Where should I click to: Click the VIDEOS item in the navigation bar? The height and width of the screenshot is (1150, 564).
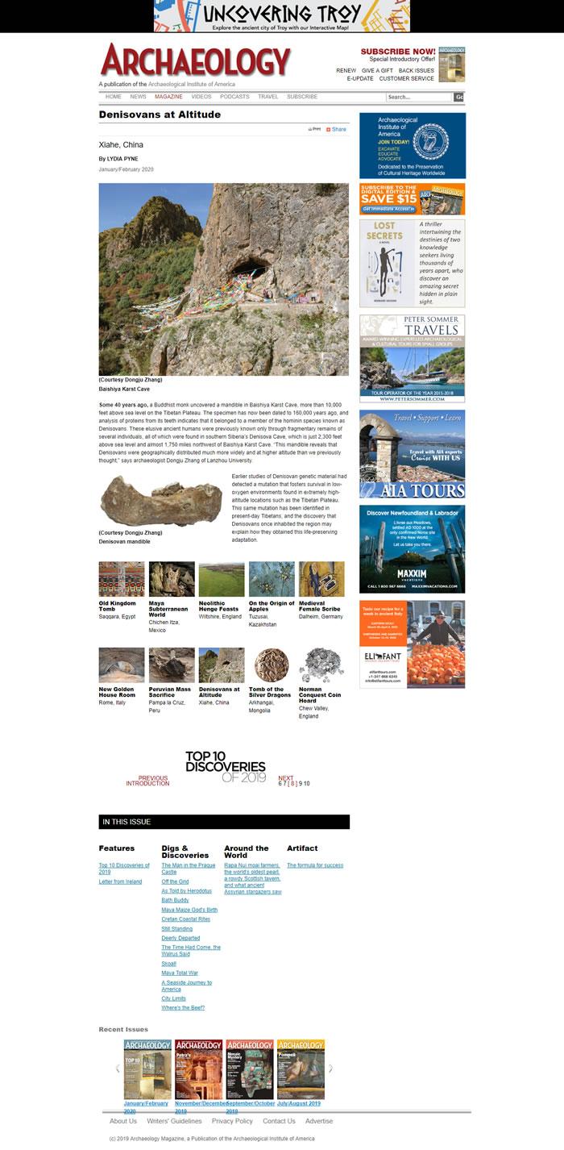(x=201, y=97)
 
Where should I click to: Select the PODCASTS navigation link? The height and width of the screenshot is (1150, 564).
(x=234, y=97)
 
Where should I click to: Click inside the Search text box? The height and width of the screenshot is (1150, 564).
(x=418, y=98)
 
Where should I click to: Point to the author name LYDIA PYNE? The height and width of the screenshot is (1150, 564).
(x=121, y=159)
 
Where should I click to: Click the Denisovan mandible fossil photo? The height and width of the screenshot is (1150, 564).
(x=160, y=501)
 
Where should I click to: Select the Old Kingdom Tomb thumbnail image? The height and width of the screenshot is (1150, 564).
(x=122, y=579)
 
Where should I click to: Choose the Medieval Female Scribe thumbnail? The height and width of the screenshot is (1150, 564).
(x=321, y=579)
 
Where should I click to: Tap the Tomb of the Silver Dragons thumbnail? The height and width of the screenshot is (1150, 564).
(x=272, y=665)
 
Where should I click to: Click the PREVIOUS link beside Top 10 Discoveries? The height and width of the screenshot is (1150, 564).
(x=152, y=778)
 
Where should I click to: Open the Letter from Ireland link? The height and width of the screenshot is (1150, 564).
(x=120, y=881)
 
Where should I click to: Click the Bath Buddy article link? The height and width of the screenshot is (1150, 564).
(x=175, y=900)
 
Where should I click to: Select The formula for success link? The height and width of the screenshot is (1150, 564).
(x=315, y=865)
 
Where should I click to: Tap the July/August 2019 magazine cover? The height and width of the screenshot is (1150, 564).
(x=301, y=1069)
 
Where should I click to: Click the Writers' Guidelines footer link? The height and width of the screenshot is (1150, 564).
(x=174, y=1121)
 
